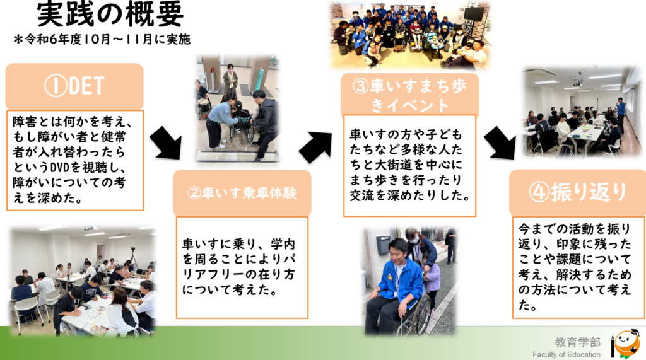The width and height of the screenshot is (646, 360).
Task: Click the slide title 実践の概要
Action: coord(110,14)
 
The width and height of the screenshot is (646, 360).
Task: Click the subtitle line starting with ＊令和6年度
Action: coord(102,40)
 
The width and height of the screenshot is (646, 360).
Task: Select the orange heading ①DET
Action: coord(74,86)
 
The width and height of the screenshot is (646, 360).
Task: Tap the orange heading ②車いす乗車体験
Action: coord(242,193)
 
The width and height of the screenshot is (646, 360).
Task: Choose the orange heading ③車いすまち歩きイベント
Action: coord(409,95)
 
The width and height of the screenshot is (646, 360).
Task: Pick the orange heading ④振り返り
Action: coord(578,192)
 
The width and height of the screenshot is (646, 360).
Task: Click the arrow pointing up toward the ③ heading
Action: coord(315,147)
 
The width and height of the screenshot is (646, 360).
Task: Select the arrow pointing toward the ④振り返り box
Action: coord(500,142)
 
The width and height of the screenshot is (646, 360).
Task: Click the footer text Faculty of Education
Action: coord(566,355)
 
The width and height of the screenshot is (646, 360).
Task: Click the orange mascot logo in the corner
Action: coord(625,344)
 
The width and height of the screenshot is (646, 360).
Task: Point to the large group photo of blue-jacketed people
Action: coord(411,35)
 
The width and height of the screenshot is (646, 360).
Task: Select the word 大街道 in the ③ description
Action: coord(394,165)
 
